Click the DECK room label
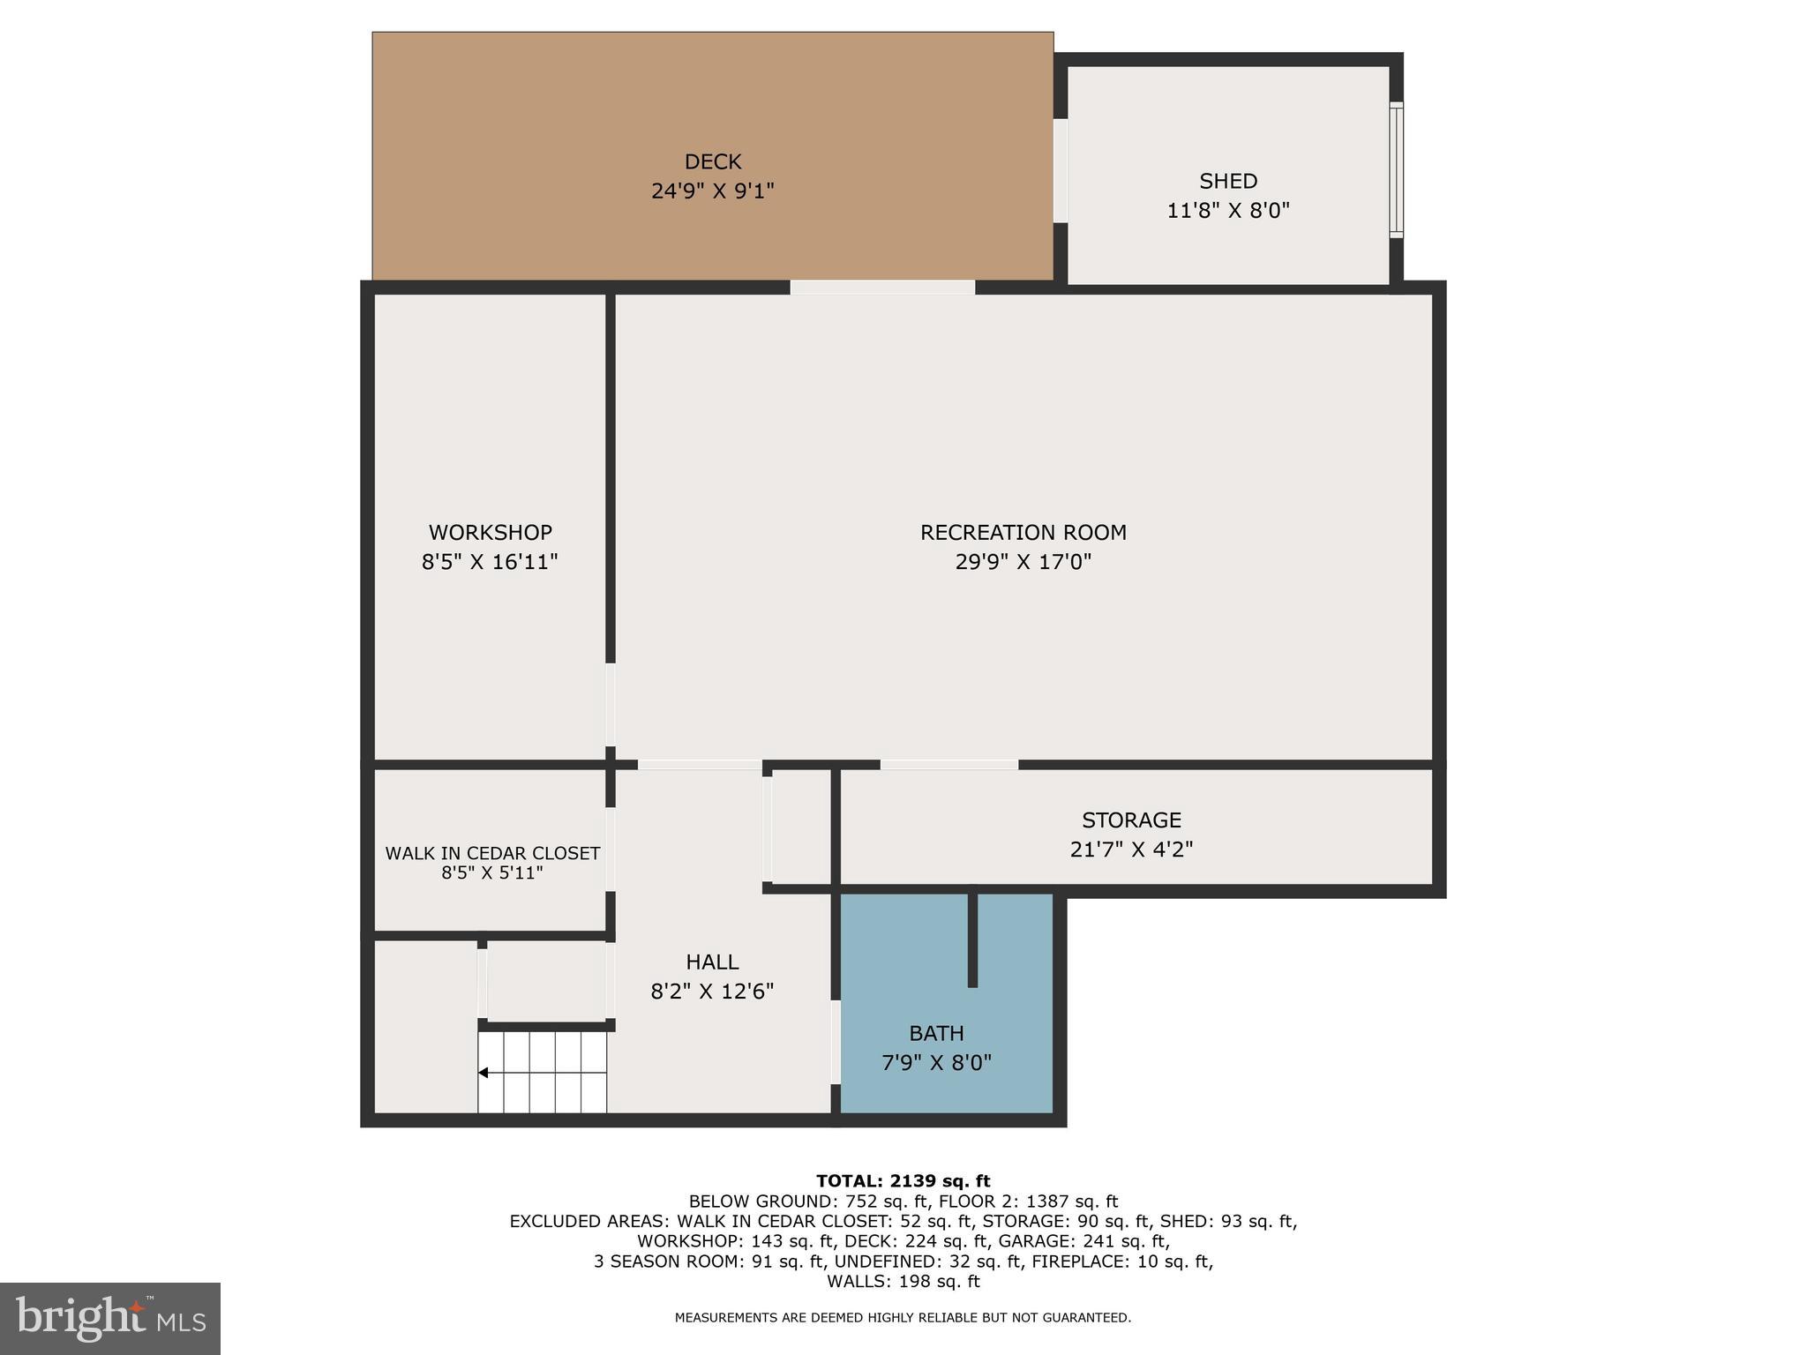713,161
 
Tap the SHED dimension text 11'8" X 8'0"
1228,211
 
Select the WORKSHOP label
491,532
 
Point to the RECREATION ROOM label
1023,532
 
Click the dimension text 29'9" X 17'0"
1023,562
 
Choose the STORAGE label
1131,820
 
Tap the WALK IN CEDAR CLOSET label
492,853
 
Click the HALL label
712,962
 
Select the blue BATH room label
936,1033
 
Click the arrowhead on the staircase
484,1073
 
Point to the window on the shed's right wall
1396,170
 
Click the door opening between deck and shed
1061,170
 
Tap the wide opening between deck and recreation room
882,288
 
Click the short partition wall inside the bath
972,940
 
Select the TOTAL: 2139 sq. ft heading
903,1181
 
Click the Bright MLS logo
110,1319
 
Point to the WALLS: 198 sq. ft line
903,1281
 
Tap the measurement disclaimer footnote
903,1318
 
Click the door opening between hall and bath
836,1041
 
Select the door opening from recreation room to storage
949,765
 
